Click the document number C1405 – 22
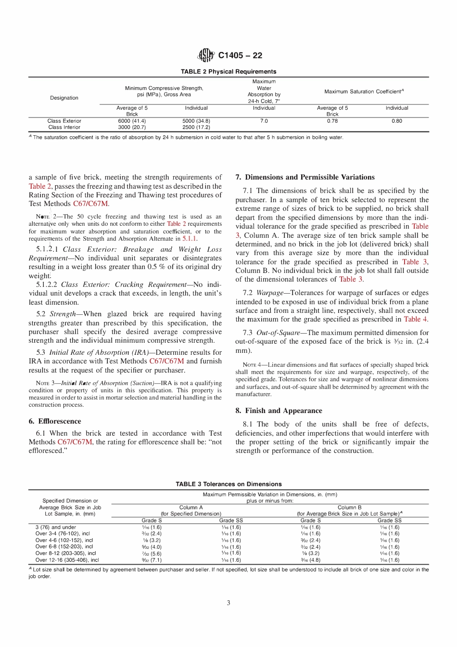pos(240,55)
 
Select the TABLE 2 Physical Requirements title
pos(228,71)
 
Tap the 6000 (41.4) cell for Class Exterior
pos(132,121)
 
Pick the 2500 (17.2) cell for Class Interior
pos(196,127)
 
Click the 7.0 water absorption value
pos(264,121)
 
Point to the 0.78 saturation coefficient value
pos(332,121)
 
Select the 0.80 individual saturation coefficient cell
pos(397,121)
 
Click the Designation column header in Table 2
pos(64,98)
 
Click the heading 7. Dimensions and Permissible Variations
pos(305,177)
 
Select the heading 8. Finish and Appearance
pos(279,410)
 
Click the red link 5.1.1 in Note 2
pos(189,238)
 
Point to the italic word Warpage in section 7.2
pos(270,292)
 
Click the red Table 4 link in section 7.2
pos(415,319)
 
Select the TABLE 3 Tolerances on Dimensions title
pos(228,484)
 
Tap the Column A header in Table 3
pos(191,507)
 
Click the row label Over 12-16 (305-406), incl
pos(67,560)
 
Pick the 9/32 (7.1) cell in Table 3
pos(152,560)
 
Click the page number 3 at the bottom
pos(228,603)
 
